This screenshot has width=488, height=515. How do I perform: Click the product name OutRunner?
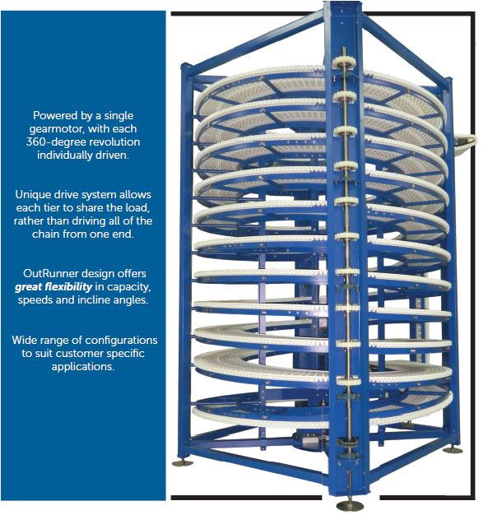click(x=50, y=274)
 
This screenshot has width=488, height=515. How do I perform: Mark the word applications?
click(x=83, y=367)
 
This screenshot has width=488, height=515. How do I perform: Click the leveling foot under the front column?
click(x=350, y=504)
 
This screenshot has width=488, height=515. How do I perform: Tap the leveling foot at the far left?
click(x=183, y=463)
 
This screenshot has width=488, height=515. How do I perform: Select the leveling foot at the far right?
click(x=453, y=449)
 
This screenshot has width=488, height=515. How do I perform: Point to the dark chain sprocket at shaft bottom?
click(x=349, y=442)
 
